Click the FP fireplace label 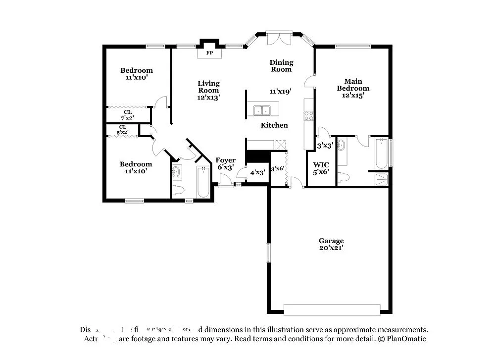point(209,53)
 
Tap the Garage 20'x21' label point(331,244)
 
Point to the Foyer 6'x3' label point(225,164)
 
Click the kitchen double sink point(261,110)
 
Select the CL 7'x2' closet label point(128,115)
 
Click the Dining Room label point(281,66)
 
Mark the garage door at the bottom point(332,309)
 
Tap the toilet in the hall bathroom point(179,190)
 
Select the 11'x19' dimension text point(280,91)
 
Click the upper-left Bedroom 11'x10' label point(137,74)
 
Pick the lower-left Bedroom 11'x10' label point(136,167)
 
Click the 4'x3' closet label point(257,173)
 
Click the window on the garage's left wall point(268,253)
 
